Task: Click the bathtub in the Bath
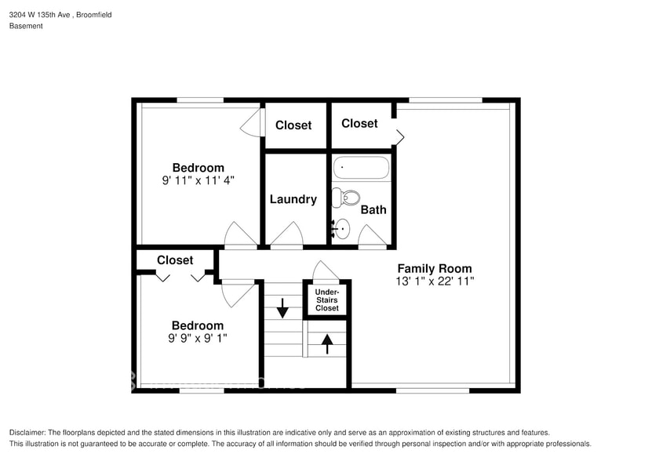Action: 362,169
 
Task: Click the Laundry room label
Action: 293,199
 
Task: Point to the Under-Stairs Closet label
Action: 327,300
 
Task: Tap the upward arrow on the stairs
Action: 327,342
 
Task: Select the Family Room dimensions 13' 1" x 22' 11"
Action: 435,281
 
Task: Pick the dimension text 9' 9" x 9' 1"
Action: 198,339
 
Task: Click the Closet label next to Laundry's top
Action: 293,125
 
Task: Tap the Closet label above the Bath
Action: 359,123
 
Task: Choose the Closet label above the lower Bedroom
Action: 175,260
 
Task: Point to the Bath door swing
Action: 372,236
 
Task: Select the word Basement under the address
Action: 26,26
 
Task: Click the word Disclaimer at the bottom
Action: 27,433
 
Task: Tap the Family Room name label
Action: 435,268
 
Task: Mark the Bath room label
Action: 373,209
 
